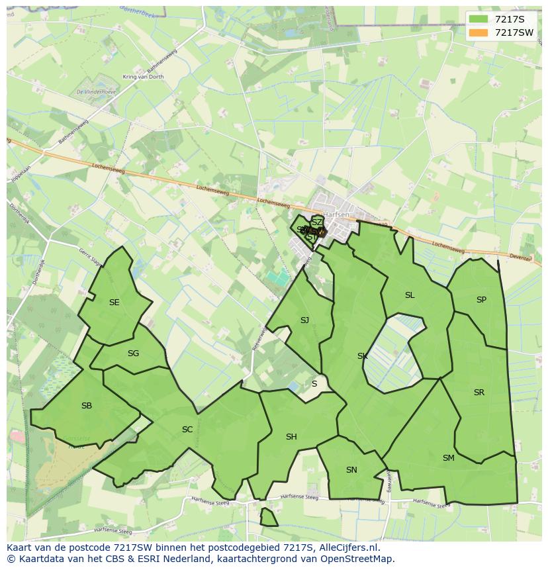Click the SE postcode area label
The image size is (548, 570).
[x=114, y=303]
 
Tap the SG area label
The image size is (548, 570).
[x=133, y=353]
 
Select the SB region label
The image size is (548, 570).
[x=87, y=406]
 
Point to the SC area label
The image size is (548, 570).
[x=187, y=430]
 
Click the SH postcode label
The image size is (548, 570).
[x=291, y=437]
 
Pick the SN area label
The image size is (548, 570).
[x=351, y=470]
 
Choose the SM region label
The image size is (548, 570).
[x=449, y=457]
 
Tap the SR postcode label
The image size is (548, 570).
[x=479, y=393]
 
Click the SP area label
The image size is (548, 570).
[x=481, y=300]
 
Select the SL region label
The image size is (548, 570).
[x=410, y=295]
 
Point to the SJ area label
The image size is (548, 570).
[x=304, y=320]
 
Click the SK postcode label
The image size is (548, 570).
[x=362, y=356]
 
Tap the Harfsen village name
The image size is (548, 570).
[x=336, y=214]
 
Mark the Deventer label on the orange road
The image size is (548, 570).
[x=520, y=257]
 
